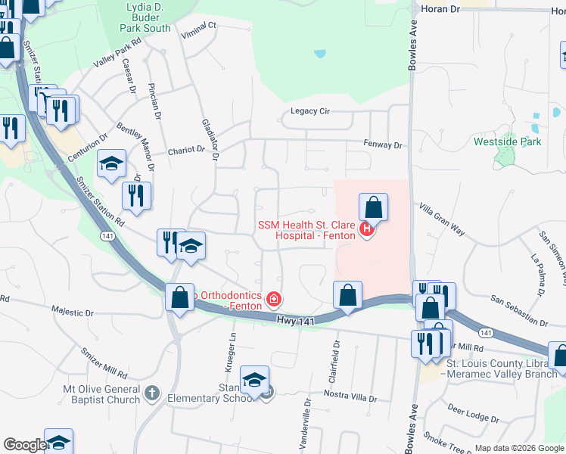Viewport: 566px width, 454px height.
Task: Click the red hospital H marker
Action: (367, 229)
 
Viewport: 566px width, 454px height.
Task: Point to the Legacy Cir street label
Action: (310, 111)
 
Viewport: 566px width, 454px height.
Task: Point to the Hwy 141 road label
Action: (294, 322)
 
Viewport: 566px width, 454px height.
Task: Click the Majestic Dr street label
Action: (72, 311)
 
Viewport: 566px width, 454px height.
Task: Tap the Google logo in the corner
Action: (24, 445)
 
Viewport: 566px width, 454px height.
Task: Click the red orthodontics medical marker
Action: (274, 300)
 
